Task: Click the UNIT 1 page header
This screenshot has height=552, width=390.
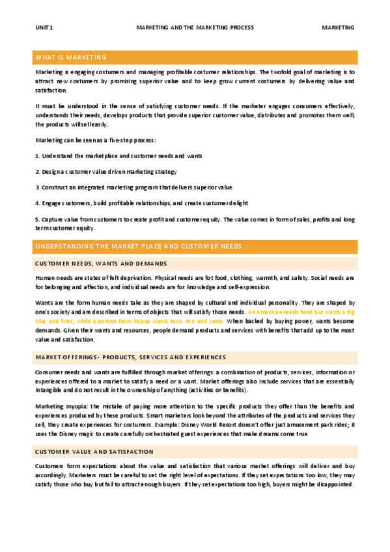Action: click(44, 28)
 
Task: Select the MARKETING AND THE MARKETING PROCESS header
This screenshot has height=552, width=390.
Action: click(195, 28)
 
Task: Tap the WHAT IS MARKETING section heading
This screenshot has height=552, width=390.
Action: click(72, 58)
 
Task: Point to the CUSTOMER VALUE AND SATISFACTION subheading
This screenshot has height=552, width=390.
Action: click(94, 451)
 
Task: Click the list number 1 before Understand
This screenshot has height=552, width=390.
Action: click(36, 156)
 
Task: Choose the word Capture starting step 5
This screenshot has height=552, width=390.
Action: click(54, 219)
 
